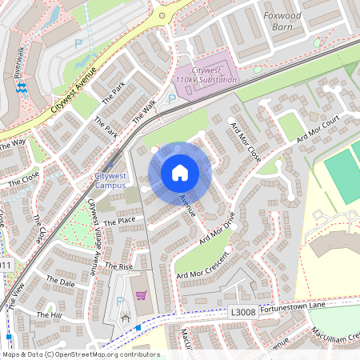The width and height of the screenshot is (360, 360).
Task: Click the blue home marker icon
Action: pos(180,173)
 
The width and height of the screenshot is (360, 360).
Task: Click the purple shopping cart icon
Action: pos(142,296)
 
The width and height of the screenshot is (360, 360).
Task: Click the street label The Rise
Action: pos(118,266)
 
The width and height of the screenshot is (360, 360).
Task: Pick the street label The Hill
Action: pos(49,315)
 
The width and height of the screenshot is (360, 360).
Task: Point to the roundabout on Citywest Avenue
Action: pos(162,14)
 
